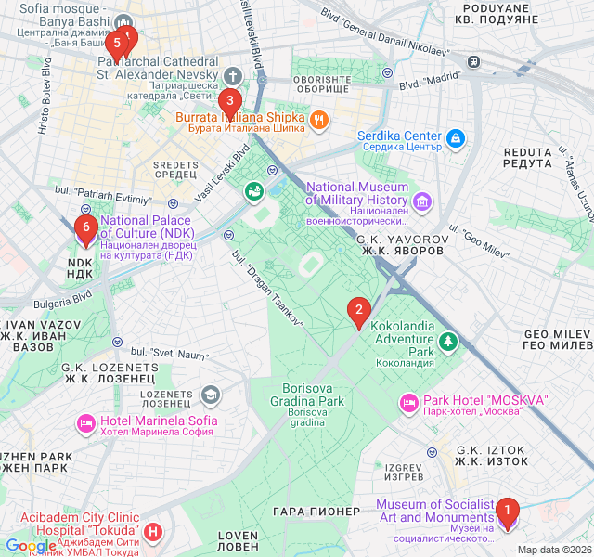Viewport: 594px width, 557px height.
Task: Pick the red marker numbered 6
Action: point(85,228)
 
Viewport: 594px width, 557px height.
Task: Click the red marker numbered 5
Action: point(117,43)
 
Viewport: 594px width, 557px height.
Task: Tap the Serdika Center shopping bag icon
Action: point(455,139)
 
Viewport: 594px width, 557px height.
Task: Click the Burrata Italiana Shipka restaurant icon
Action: point(318,119)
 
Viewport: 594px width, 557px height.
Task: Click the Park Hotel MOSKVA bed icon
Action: point(408,403)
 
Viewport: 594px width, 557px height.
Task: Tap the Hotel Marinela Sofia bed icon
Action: point(86,423)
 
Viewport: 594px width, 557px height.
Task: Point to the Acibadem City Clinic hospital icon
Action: point(154,532)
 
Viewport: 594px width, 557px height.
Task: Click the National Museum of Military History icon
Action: point(422,201)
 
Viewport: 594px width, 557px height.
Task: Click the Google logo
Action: point(30,546)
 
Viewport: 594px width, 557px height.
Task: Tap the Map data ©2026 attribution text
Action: point(553,550)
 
